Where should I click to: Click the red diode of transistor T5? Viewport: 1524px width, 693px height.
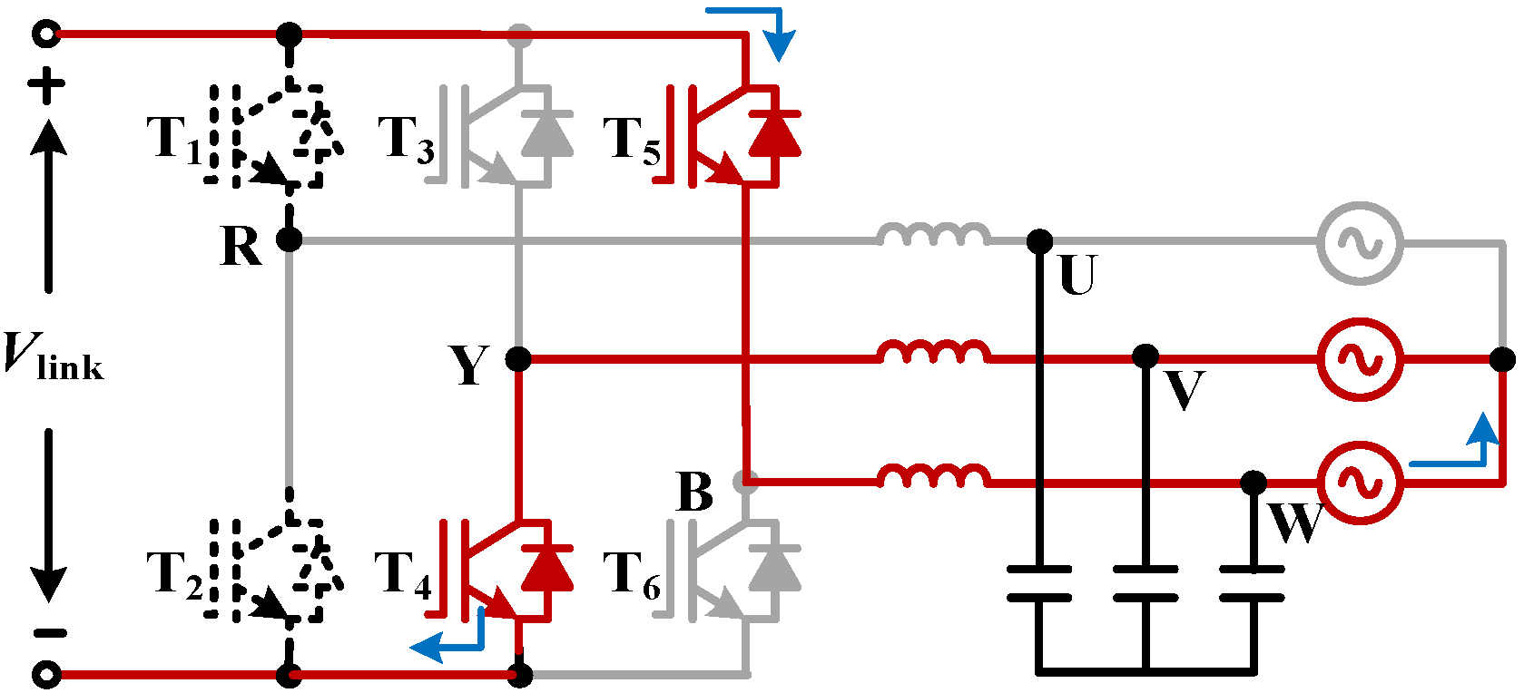[x=774, y=134]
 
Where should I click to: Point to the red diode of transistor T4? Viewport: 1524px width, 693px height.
[x=546, y=569]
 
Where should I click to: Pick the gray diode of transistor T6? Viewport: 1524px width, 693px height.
[x=774, y=569]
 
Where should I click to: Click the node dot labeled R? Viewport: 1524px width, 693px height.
[x=289, y=240]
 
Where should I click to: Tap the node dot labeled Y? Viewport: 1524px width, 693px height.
[x=517, y=359]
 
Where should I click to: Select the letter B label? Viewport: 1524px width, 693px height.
[x=695, y=493]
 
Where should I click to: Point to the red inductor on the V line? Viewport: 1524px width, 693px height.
[x=934, y=354]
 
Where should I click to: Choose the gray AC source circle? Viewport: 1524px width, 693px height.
[x=1360, y=243]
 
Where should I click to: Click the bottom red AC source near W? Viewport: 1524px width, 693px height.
[x=1360, y=483]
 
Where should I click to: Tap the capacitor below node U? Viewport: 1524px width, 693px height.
[x=1039, y=583]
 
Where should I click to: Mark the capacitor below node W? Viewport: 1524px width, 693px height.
[x=1253, y=583]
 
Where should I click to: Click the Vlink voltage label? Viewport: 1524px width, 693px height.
[x=53, y=356]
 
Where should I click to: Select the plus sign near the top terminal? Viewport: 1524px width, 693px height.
[x=46, y=86]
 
